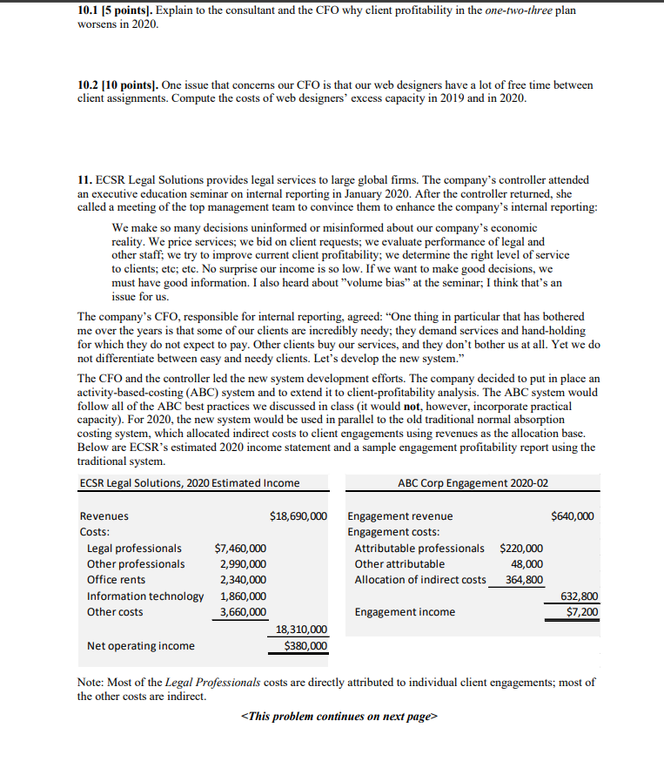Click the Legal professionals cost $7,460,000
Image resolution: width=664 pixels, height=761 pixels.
click(240, 549)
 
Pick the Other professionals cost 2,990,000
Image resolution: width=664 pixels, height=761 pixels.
click(243, 564)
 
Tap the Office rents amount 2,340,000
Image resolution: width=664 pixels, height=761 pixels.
click(243, 580)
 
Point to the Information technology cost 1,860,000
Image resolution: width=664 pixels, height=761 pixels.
click(243, 596)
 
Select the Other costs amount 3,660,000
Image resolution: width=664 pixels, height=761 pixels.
click(243, 611)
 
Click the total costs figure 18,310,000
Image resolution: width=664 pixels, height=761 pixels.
click(301, 630)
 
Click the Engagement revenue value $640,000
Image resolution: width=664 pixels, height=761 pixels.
click(573, 516)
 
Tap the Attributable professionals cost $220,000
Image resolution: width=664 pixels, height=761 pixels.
click(521, 549)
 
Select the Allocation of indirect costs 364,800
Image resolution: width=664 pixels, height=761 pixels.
click(524, 580)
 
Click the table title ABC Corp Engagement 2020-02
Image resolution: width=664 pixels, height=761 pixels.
click(473, 483)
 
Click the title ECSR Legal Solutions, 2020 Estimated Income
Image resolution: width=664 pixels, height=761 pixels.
click(189, 483)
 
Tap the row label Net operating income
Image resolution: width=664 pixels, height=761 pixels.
click(140, 645)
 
